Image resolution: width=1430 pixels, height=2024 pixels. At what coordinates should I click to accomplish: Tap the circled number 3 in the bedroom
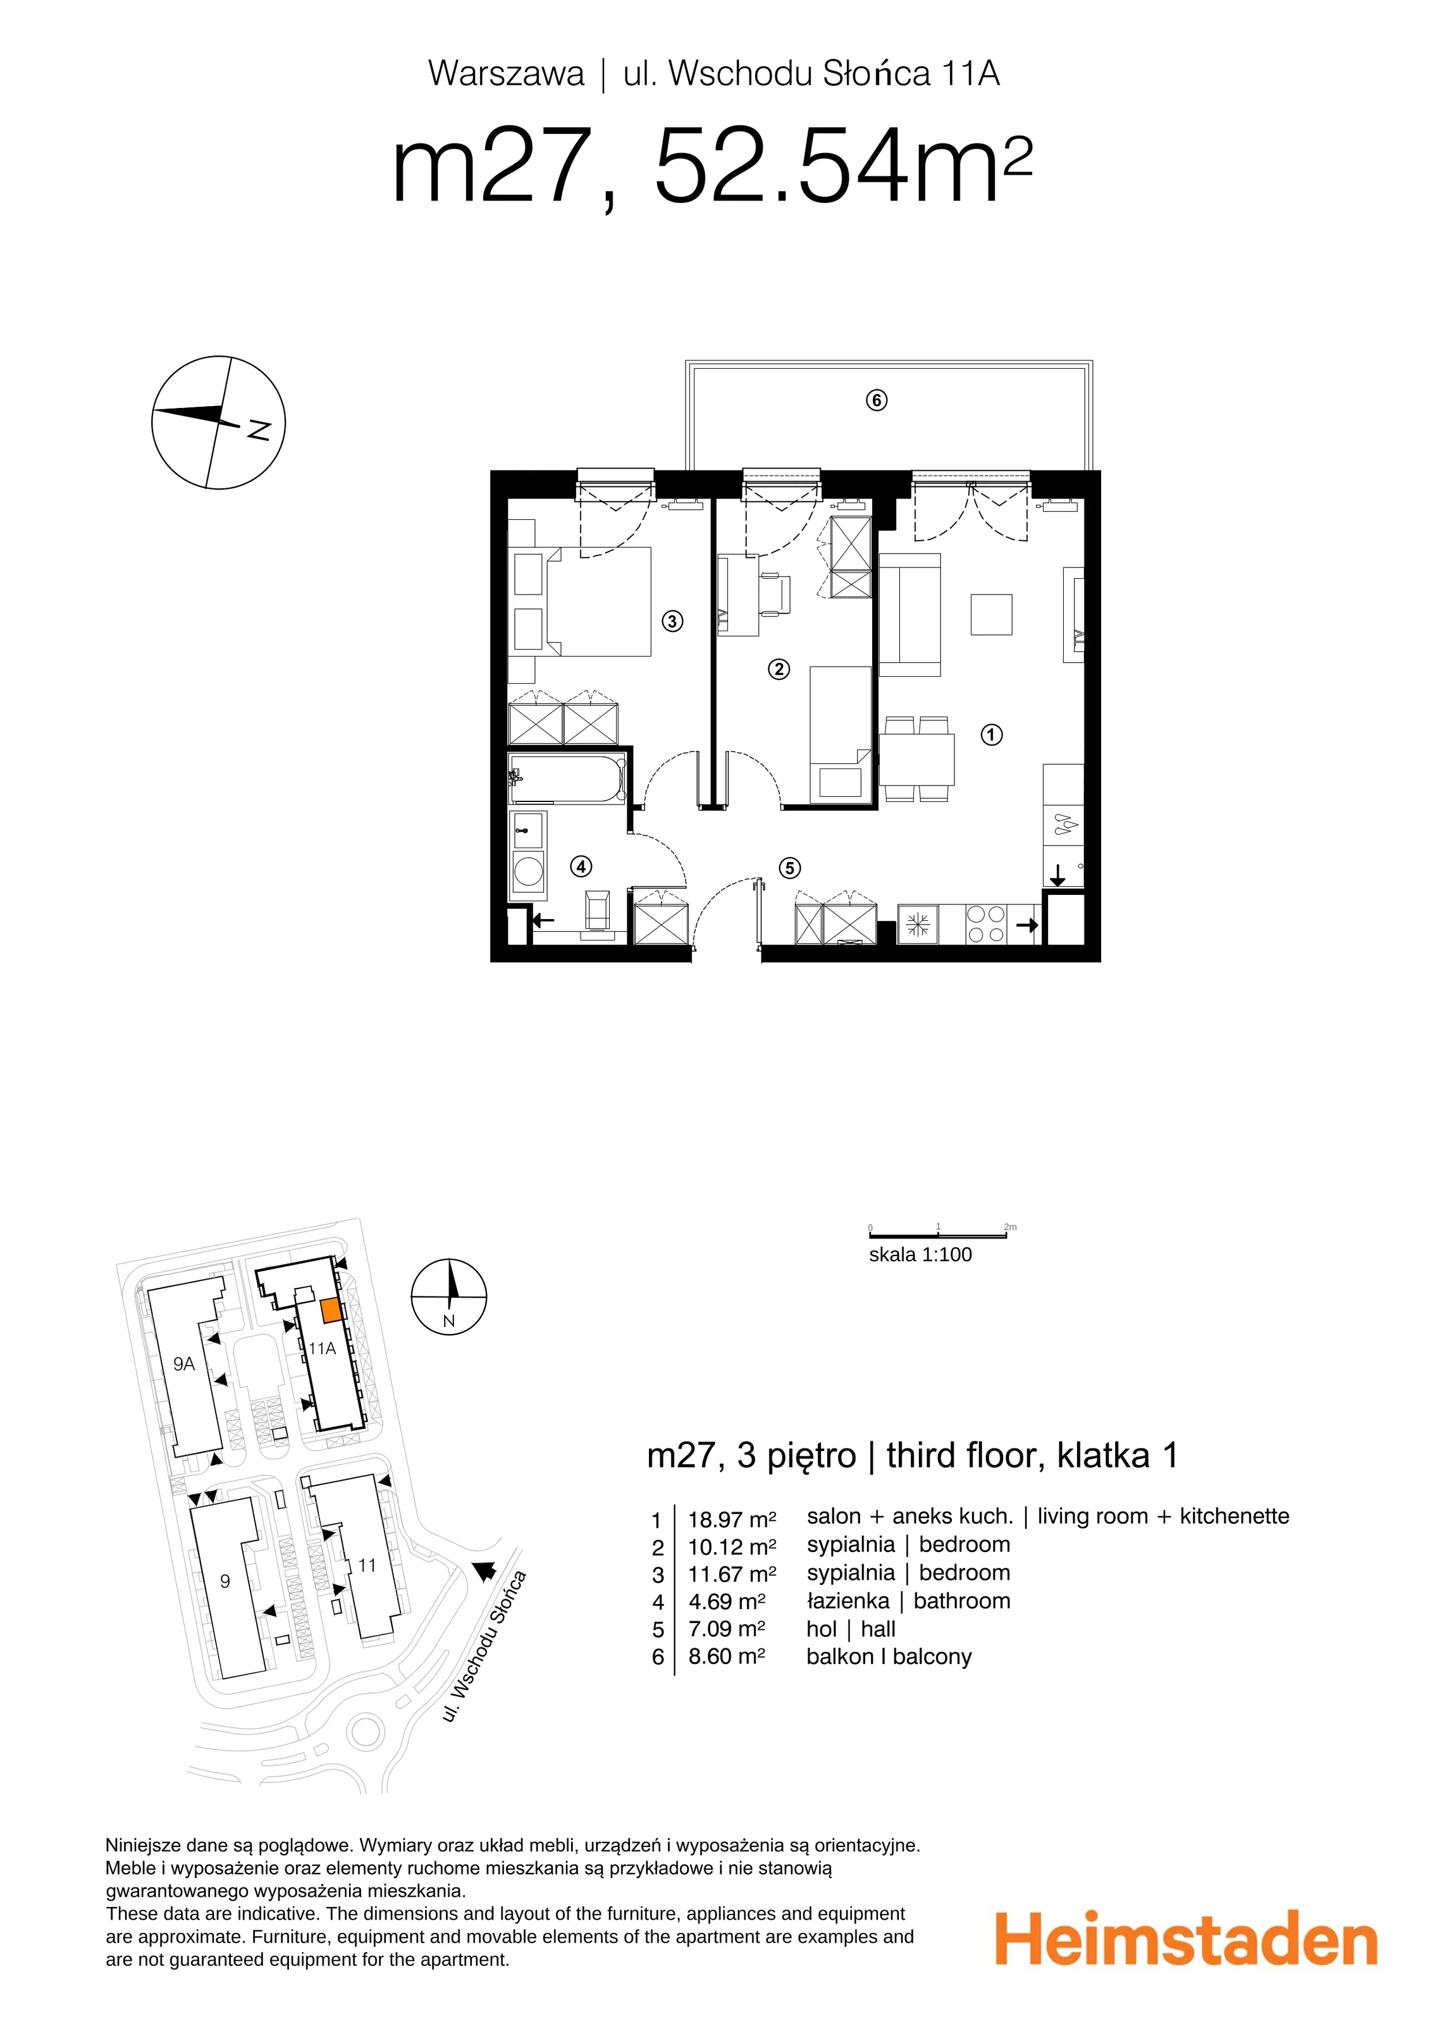(672, 622)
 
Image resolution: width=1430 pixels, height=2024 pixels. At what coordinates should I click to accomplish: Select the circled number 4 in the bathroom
(581, 867)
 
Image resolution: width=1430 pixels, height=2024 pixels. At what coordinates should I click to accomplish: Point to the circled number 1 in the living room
(991, 734)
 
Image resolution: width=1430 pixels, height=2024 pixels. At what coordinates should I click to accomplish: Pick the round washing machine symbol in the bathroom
(528, 872)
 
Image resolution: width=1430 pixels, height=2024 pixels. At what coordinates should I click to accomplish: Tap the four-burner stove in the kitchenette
(985, 924)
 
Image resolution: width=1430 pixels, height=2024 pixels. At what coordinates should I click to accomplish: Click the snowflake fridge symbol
(918, 925)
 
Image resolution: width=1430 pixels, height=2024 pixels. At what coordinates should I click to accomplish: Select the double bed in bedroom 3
(598, 602)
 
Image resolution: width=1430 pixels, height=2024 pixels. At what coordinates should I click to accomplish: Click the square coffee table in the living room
(991, 614)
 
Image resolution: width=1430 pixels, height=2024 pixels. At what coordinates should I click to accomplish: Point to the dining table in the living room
(917, 759)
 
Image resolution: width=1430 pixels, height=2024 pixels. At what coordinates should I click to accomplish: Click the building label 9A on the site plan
(183, 1364)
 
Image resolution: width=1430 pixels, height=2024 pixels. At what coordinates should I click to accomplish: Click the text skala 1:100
(920, 1254)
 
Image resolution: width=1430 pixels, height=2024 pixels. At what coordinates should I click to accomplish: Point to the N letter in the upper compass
(258, 429)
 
